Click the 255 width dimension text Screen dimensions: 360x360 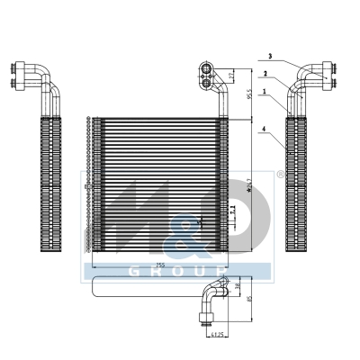point(159,265)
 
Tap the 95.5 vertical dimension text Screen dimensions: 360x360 point(249,92)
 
